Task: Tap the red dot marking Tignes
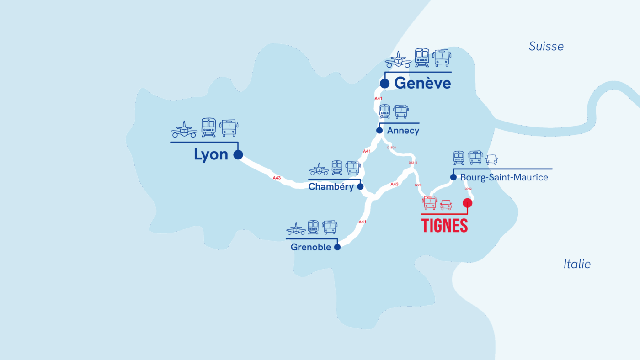(467, 203)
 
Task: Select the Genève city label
(422, 83)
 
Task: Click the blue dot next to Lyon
(238, 155)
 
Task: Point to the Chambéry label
(331, 186)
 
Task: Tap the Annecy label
(403, 131)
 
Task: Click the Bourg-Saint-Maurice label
(504, 177)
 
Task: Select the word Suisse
(546, 46)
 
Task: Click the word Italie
(577, 264)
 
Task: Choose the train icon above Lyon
(208, 127)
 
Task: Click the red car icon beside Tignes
(446, 205)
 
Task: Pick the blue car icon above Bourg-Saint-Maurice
(491, 159)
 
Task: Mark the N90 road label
(418, 185)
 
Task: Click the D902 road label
(468, 189)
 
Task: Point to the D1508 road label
(391, 148)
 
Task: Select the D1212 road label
(413, 163)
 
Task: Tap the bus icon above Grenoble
(330, 227)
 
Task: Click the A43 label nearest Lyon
(277, 177)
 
